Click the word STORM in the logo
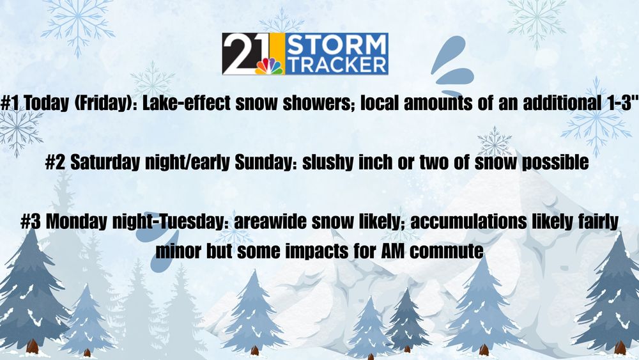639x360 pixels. click(x=336, y=45)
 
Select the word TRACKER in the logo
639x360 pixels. click(x=336, y=65)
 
